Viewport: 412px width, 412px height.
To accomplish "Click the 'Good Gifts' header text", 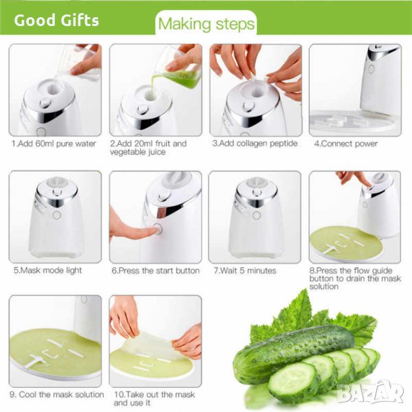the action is point(56,20).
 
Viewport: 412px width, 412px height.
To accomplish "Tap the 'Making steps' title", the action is point(206,24).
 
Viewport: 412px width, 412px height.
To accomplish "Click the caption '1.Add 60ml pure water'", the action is point(54,144).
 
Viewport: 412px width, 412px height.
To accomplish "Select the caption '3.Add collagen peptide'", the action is point(255,144).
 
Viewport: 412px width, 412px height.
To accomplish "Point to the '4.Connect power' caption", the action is point(346,144).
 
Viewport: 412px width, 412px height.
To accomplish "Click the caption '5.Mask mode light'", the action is point(47,271).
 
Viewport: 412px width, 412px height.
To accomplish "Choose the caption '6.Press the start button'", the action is point(156,271).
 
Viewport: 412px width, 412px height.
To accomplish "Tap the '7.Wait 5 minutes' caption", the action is point(245,271).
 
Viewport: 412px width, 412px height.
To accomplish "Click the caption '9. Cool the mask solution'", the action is point(57,394).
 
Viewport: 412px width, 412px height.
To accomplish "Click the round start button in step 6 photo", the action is point(158,229).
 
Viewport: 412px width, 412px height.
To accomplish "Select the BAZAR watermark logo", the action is point(371,392).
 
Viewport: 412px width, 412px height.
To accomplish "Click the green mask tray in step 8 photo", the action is point(346,243).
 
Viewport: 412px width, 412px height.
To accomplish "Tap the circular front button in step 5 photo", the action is point(57,215).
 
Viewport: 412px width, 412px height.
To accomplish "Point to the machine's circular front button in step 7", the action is point(256,215).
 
